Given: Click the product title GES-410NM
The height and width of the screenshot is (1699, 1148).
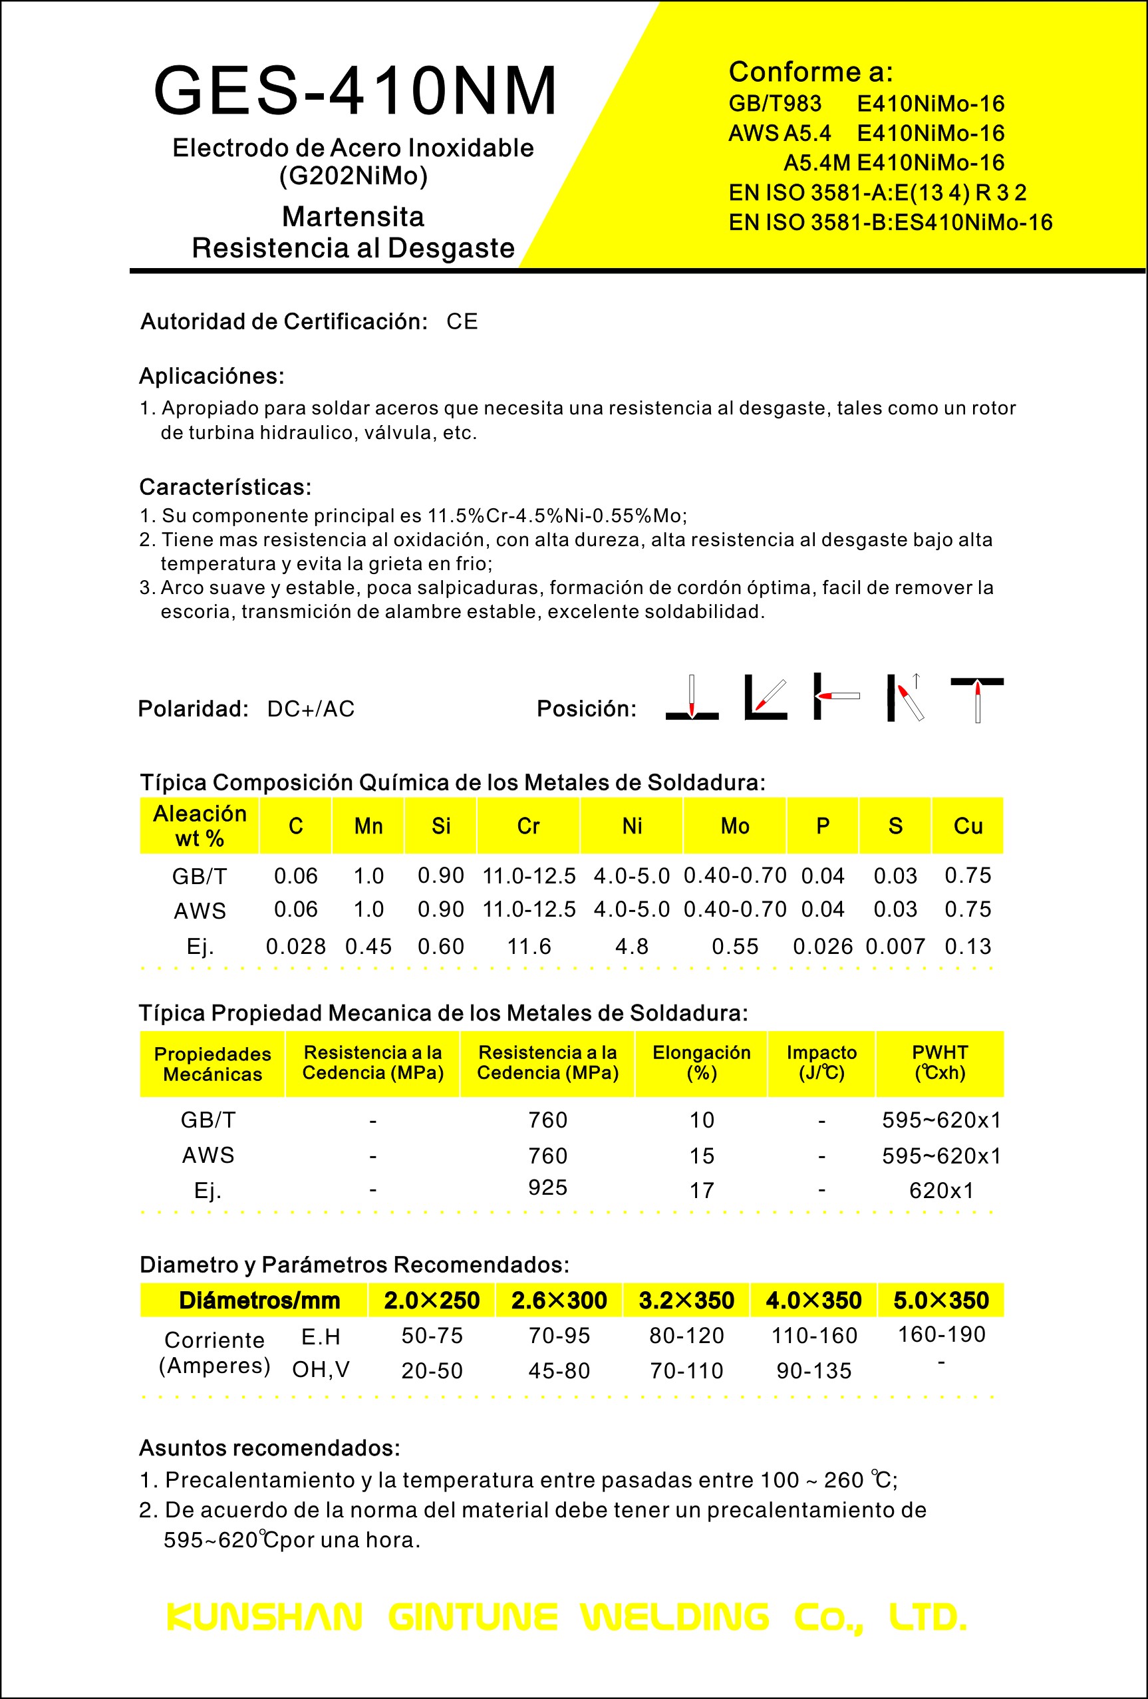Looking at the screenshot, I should (x=356, y=91).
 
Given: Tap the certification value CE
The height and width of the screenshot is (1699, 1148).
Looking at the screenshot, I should (x=462, y=322).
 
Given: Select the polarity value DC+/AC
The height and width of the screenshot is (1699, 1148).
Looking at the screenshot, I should (x=311, y=708).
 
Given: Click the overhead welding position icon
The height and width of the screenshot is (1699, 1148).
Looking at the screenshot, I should (x=977, y=698).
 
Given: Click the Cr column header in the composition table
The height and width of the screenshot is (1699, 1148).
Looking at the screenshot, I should (x=528, y=826).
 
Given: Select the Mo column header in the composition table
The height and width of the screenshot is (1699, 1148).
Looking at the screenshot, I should (x=734, y=826).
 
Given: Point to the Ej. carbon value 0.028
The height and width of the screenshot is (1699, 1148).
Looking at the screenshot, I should (x=295, y=947).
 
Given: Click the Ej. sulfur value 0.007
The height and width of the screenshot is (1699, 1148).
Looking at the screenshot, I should (x=895, y=947).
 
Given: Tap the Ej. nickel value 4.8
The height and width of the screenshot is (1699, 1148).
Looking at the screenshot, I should (x=631, y=947).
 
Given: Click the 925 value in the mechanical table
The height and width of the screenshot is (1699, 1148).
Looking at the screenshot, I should (x=547, y=1187).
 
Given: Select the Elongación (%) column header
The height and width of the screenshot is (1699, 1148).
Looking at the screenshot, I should (x=701, y=1062).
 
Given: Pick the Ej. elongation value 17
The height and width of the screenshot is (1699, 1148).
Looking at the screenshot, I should (x=702, y=1190).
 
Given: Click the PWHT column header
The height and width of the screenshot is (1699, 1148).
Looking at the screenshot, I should (x=940, y=1062).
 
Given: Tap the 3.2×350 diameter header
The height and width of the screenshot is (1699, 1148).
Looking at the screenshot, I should (x=686, y=1301).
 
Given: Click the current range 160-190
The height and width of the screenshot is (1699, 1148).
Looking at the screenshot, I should (x=941, y=1334).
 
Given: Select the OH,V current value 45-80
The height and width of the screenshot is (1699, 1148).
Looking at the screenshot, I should (x=559, y=1371).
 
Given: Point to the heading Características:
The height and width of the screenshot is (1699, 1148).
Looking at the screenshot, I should (x=225, y=487).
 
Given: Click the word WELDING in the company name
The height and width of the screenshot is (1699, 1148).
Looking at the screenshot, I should (x=674, y=1617).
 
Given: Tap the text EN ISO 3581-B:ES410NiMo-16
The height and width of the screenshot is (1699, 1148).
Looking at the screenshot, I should (x=890, y=222).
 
